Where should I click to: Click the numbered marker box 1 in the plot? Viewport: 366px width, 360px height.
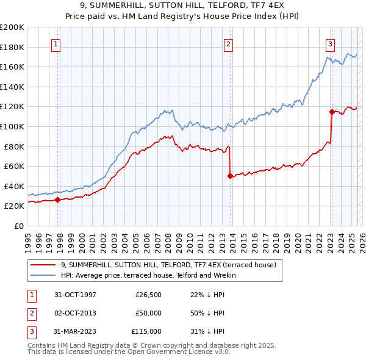(56, 43)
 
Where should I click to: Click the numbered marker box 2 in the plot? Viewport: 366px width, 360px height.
(228, 43)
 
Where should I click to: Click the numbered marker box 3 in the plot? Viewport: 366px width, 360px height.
(330, 43)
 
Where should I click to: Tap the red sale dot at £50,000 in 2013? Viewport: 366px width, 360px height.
(230, 176)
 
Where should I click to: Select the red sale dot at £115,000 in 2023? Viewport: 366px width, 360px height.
(332, 112)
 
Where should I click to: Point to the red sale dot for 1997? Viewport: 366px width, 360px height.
(57, 200)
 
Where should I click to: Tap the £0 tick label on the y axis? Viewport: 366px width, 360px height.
(18, 226)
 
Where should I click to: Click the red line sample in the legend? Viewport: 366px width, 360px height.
(43, 265)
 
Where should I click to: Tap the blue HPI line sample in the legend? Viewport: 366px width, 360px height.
(43, 275)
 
